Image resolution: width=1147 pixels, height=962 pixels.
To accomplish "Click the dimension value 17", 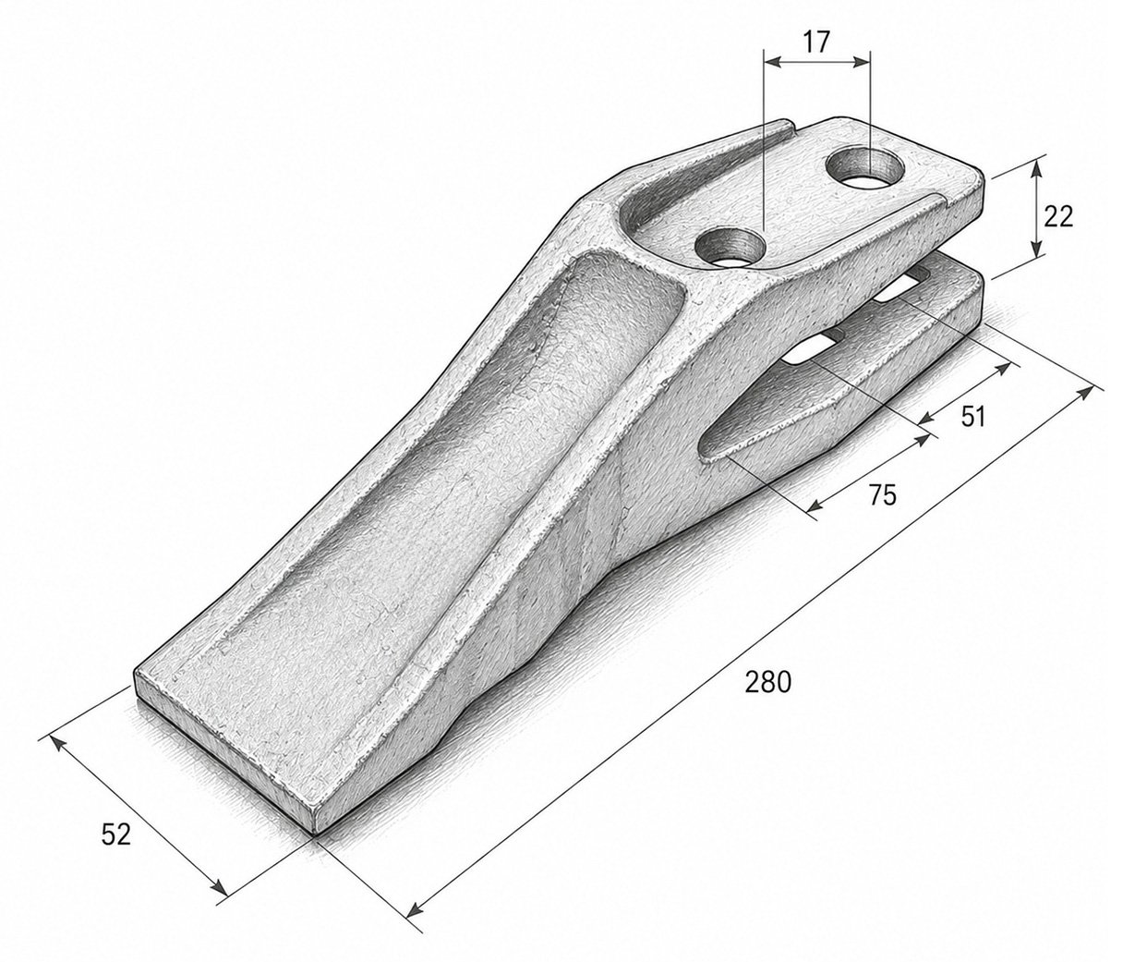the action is point(817,43).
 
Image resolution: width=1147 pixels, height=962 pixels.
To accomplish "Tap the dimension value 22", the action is point(1058,217).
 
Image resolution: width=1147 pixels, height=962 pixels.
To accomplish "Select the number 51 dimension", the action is point(972,417).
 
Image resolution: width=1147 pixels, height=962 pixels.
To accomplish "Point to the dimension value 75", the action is point(882,494).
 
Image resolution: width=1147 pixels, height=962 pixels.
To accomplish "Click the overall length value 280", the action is point(768,682).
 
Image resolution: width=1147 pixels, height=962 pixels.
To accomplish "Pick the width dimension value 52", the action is point(116,835).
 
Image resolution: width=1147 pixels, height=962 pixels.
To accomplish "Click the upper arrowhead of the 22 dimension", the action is point(1035,169).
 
